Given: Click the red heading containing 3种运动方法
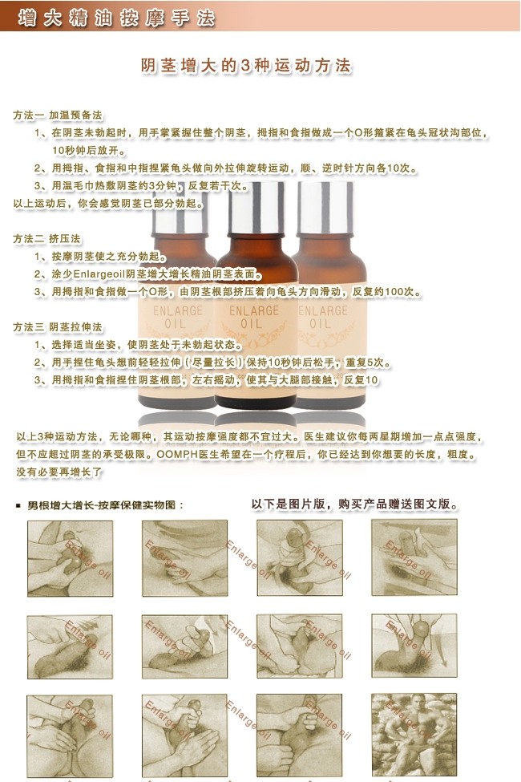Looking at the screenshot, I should pos(246,67).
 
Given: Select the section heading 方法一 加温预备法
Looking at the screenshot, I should pos(58,115).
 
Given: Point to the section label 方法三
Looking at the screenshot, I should pos(30,327).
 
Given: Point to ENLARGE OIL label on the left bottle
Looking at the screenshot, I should pos(175,316).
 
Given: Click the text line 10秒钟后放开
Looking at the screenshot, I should pos(90,151).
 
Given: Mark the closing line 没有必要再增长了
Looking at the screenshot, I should pos(59,472).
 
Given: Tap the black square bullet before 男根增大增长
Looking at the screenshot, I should pos(18,506).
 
